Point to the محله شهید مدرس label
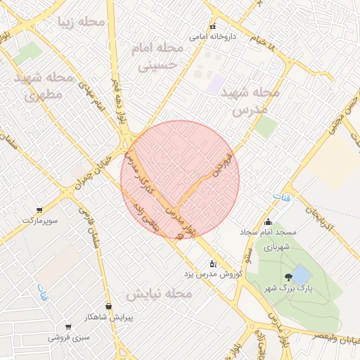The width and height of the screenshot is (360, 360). [250, 101]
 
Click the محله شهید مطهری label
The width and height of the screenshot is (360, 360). [44, 86]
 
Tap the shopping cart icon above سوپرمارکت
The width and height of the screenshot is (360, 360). [39, 210]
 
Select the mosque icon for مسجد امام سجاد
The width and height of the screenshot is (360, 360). [267, 221]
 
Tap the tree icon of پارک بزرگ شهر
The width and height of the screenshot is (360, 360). [288, 277]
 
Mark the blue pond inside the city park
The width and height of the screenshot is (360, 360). [302, 274]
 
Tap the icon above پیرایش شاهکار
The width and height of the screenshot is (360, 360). [108, 306]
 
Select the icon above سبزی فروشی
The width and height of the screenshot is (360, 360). [68, 327]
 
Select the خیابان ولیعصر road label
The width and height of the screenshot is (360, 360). [323, 337]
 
